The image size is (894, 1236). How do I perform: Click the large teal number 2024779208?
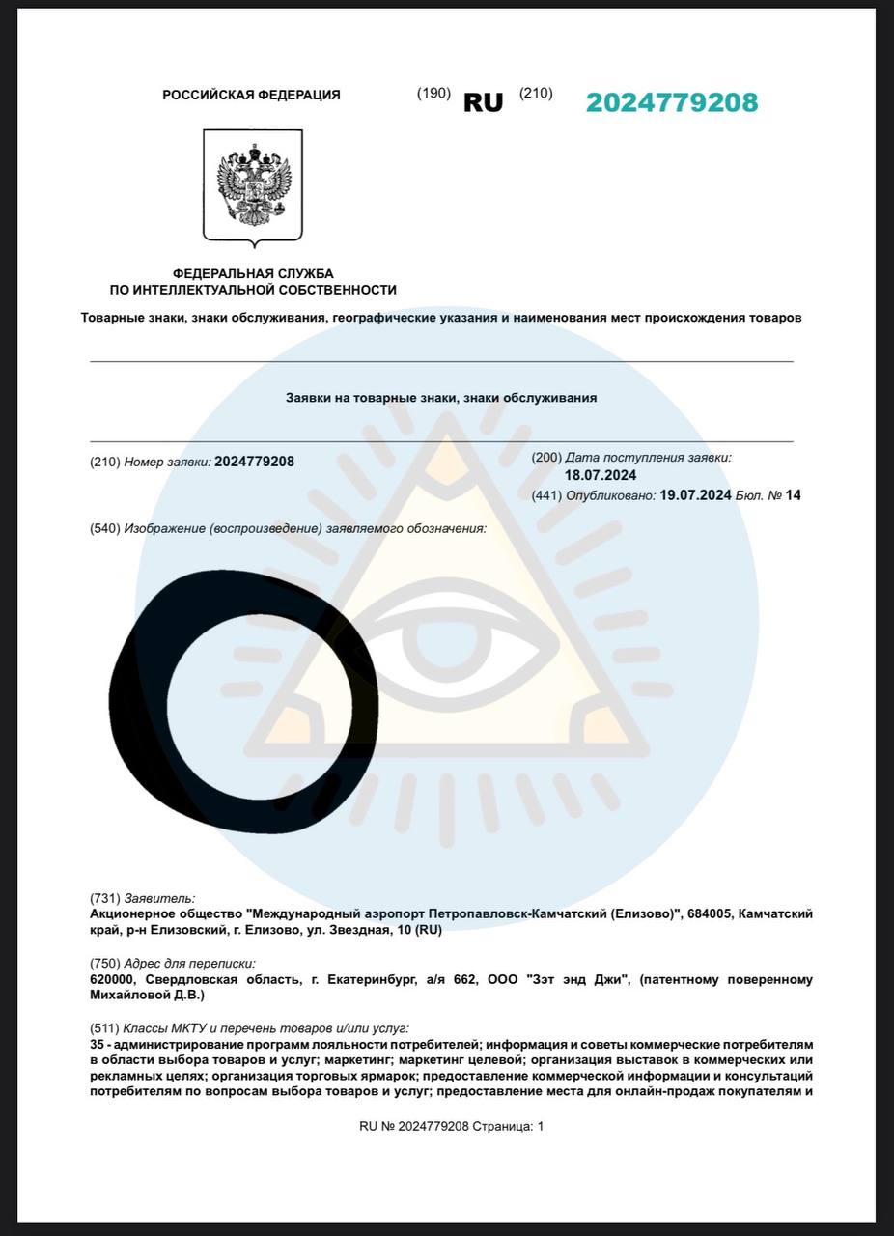click(672, 102)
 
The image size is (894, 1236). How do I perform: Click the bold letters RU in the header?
click(483, 103)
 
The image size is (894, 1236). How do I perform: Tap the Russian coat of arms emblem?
click(252, 184)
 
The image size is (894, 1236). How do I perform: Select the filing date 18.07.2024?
click(600, 475)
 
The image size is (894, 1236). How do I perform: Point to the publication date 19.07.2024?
click(694, 495)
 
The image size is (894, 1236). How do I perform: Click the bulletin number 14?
click(794, 495)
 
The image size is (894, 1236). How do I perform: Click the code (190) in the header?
click(433, 94)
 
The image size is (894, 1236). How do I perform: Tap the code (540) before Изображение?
click(104, 528)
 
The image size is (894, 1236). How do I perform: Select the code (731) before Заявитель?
click(104, 899)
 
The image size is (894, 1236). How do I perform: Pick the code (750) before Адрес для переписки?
click(104, 964)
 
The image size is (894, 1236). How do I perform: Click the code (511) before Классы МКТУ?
click(104, 1029)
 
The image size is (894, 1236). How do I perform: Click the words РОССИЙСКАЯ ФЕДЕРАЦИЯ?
click(251, 95)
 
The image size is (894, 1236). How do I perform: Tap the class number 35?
click(97, 1045)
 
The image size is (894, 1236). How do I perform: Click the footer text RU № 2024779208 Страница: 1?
click(451, 1126)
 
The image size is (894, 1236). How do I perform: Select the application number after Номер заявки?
click(254, 462)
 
